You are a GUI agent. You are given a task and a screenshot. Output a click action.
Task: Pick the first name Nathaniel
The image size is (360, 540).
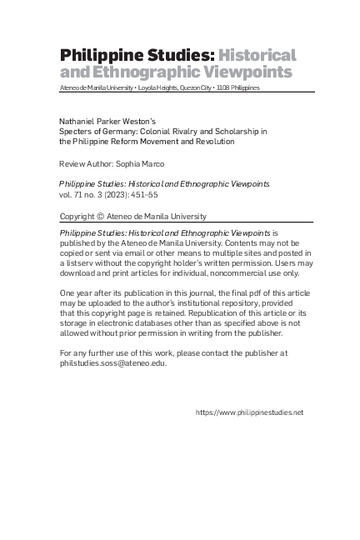tap(79, 122)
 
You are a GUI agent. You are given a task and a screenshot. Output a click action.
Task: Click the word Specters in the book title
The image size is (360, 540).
tap(76, 132)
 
